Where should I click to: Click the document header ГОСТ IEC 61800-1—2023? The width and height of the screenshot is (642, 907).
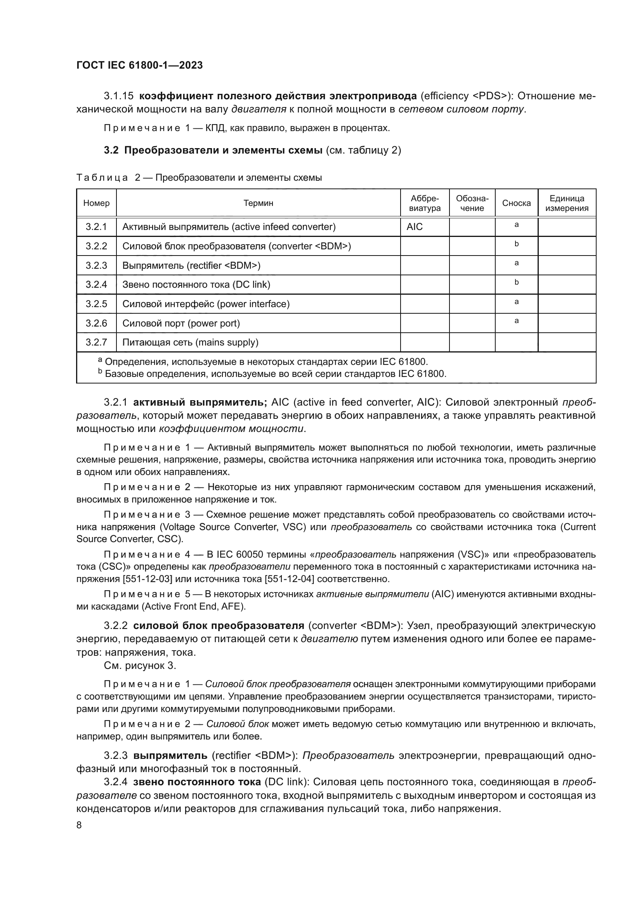[x=139, y=66]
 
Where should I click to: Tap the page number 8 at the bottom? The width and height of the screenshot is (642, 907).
[x=79, y=825]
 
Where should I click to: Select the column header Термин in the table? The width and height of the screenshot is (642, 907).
[x=258, y=203]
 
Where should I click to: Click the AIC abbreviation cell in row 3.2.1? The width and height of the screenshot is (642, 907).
[x=414, y=227]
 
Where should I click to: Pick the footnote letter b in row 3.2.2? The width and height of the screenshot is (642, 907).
[x=516, y=244]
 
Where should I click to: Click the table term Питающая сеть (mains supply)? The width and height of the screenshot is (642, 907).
[x=190, y=342]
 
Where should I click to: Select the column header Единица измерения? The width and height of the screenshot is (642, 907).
[x=567, y=203]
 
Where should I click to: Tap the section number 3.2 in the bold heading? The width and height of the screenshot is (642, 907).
[x=111, y=150]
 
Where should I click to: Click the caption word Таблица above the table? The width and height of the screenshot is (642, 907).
[x=102, y=178]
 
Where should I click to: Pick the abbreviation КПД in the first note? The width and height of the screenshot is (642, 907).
[x=215, y=128]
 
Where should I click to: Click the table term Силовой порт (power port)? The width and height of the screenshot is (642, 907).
[x=181, y=323]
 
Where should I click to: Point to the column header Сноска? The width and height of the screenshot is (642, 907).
[x=516, y=203]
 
